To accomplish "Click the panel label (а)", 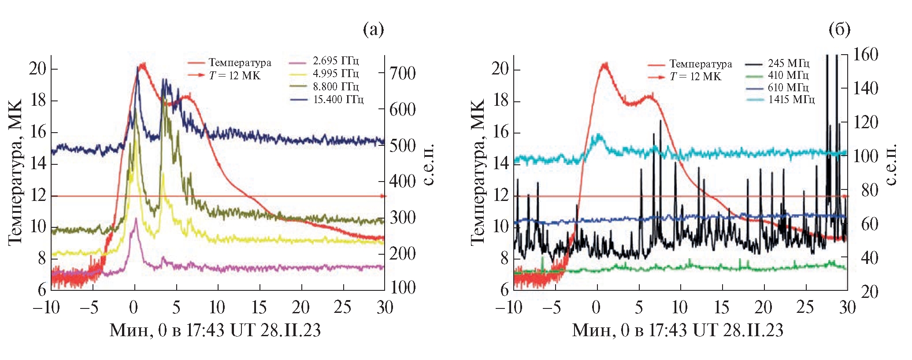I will (373, 30).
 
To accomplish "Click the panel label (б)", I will (839, 30).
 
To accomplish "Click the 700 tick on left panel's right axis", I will (402, 73).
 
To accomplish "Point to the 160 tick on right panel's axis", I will (866, 55).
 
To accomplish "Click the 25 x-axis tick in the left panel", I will (342, 308).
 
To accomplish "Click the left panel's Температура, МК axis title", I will (15, 172).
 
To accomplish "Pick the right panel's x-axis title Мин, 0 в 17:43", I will (678, 330).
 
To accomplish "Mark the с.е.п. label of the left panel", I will (429, 164).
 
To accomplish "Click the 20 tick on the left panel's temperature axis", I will (37, 69).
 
